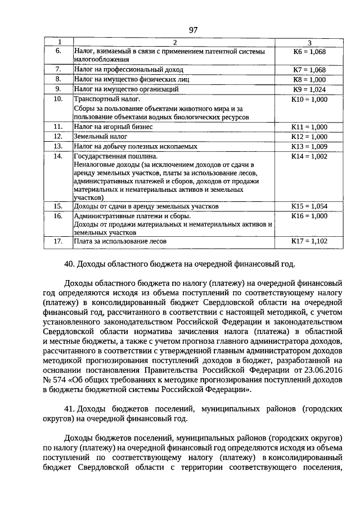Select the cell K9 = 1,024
pos(309,89)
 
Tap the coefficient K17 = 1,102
pos(309,241)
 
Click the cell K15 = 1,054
pos(309,206)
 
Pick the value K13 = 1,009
pos(309,146)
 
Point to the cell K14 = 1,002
pos(309,156)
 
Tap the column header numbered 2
pos(174,43)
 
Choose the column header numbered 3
pos(309,43)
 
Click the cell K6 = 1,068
pos(309,51)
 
